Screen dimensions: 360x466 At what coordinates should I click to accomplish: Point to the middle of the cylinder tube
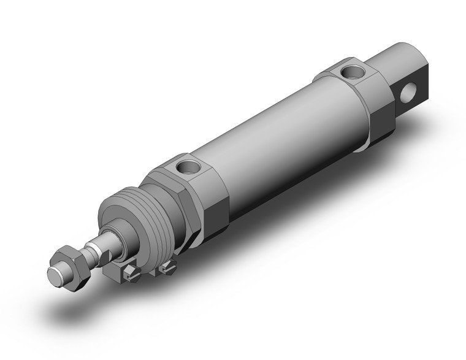(276, 141)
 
